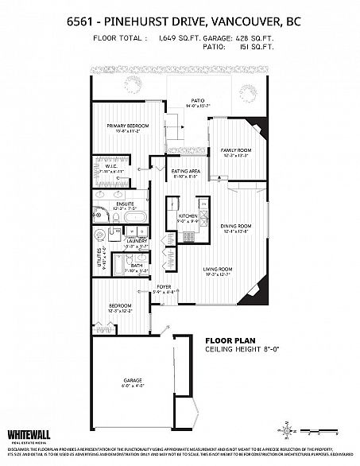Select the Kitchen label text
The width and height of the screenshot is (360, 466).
187,216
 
